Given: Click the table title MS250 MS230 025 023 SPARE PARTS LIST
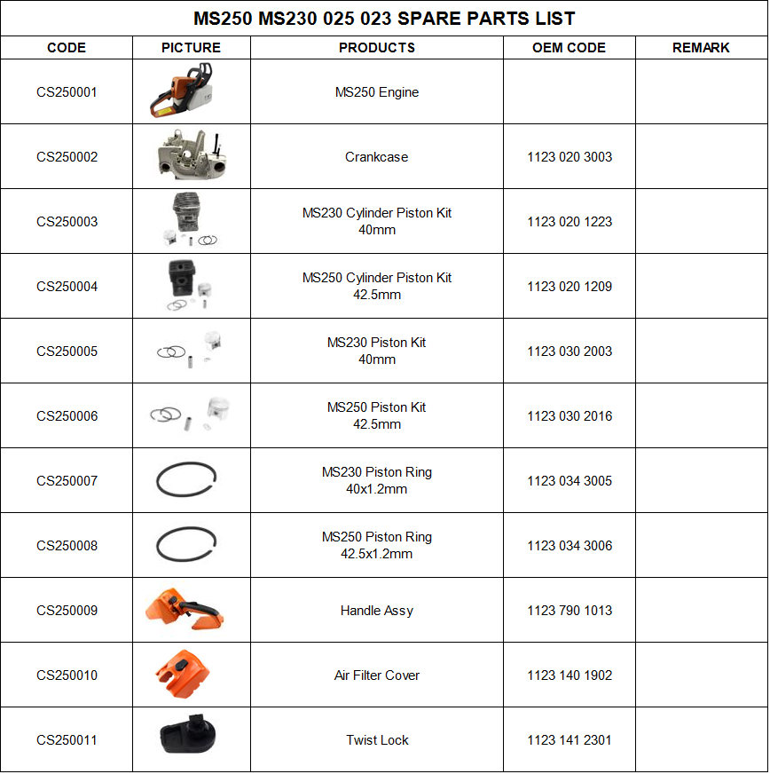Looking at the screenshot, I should (x=384, y=18).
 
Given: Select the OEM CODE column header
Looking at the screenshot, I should (x=569, y=48).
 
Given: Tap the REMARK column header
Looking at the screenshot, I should (x=701, y=48).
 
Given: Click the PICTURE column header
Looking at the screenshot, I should (x=191, y=48).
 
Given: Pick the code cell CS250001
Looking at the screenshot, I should (x=67, y=92).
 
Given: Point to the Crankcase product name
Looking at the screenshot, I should (x=377, y=157).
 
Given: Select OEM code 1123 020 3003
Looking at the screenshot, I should (x=570, y=157).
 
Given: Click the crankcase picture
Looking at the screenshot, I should (x=190, y=157).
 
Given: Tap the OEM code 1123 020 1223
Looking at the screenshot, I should (x=570, y=222).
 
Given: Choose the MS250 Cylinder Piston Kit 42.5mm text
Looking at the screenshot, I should (x=377, y=287).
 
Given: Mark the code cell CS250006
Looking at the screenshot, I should (x=67, y=416).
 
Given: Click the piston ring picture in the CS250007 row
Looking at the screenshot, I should (x=187, y=481).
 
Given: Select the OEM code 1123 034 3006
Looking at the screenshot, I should (x=570, y=546).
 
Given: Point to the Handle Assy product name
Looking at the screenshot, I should (x=377, y=611).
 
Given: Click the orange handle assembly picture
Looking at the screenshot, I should (x=184, y=610).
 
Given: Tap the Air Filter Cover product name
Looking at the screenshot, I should (x=377, y=675).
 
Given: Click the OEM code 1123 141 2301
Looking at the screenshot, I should (x=570, y=740).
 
